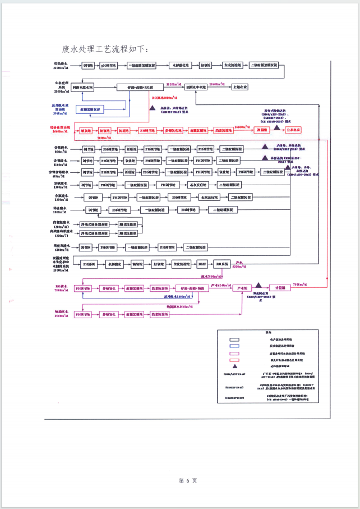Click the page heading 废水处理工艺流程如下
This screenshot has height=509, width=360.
(105, 49)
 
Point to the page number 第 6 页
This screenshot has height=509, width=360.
(187, 480)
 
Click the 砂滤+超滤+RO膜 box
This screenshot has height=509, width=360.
(140, 88)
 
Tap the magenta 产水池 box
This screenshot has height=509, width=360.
(243, 288)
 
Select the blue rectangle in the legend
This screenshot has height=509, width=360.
(232, 347)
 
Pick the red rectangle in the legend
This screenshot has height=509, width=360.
(232, 354)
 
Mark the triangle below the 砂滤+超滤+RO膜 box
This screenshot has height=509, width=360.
(151, 107)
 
